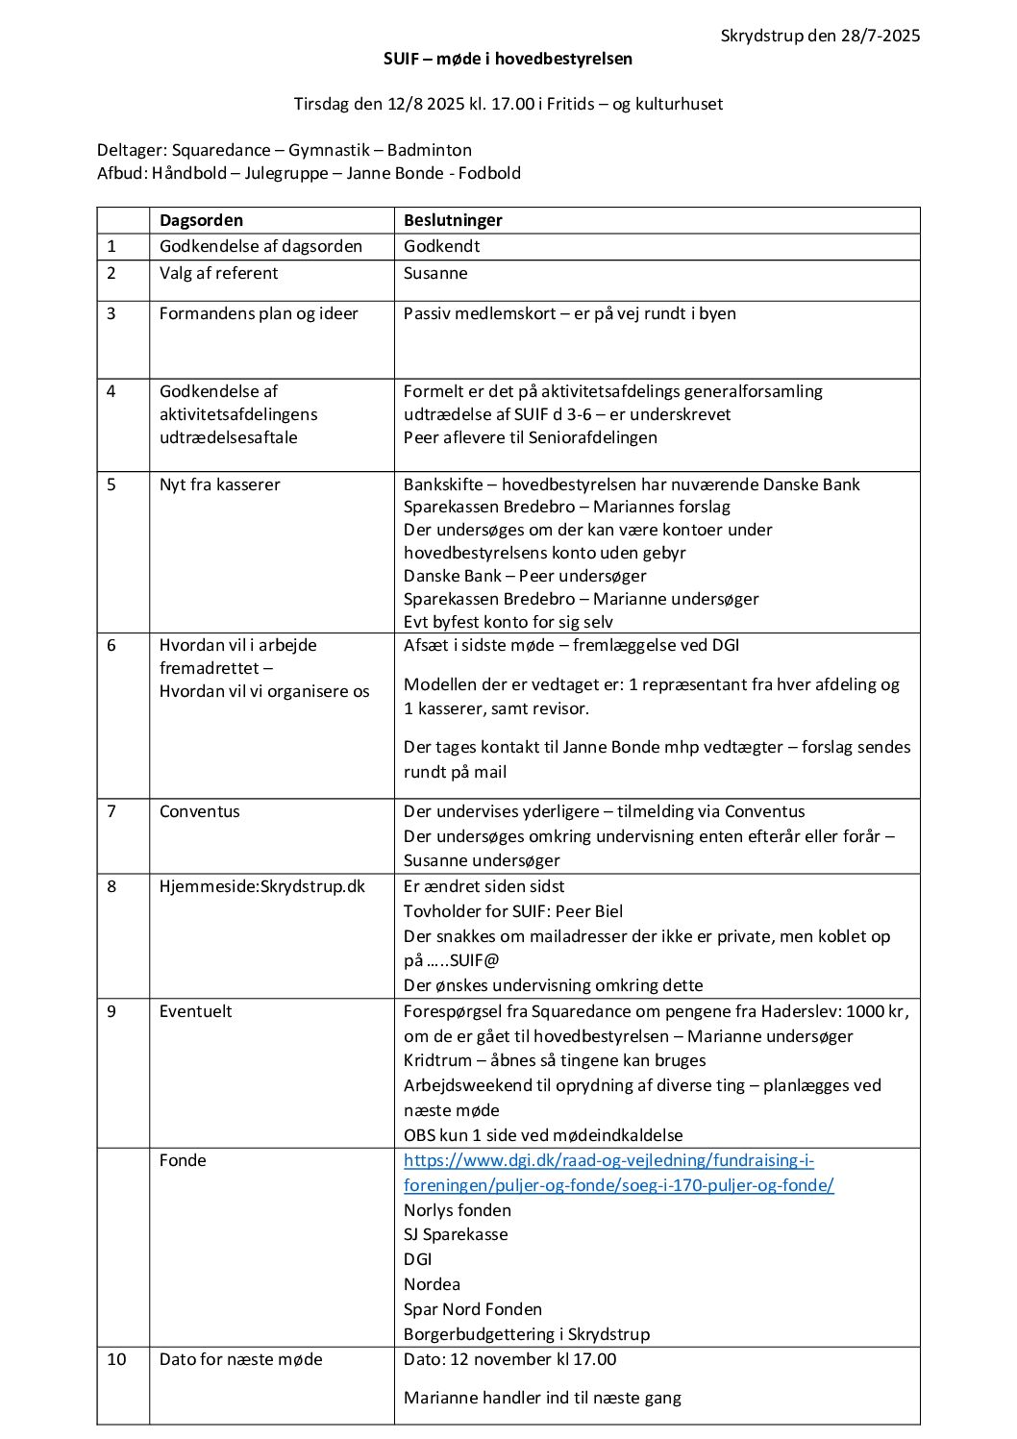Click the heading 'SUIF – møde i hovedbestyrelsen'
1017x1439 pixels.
point(508,59)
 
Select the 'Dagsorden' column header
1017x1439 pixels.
point(201,220)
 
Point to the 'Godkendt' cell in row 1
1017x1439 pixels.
point(441,246)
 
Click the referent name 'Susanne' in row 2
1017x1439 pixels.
point(435,273)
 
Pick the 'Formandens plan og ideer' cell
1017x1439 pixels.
point(259,313)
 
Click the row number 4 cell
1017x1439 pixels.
point(112,391)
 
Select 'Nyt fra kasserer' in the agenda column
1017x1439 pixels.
point(219,484)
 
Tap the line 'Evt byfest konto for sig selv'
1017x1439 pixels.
point(508,622)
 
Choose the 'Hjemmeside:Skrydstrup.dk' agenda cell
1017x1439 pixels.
point(262,886)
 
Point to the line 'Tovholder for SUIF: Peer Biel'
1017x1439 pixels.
point(513,911)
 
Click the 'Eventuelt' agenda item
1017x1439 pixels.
point(195,1011)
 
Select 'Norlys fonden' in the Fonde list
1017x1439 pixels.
point(458,1210)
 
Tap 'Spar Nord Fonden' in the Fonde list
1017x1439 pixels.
point(473,1309)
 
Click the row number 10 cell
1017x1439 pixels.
point(116,1359)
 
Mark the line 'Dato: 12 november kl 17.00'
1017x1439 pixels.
point(509,1359)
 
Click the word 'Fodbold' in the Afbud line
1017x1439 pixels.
point(489,173)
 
